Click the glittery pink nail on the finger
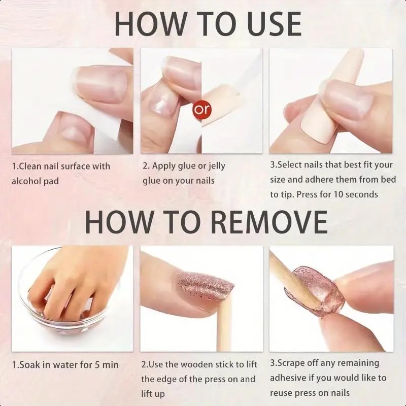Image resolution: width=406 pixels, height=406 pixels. (x=204, y=287)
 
